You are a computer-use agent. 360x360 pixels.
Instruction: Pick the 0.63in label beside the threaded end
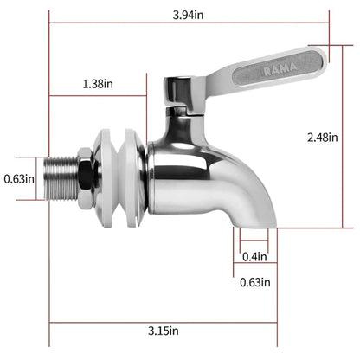(18, 179)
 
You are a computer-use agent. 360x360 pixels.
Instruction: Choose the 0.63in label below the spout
(254, 282)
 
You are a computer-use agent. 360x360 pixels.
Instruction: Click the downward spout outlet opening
(254, 227)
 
